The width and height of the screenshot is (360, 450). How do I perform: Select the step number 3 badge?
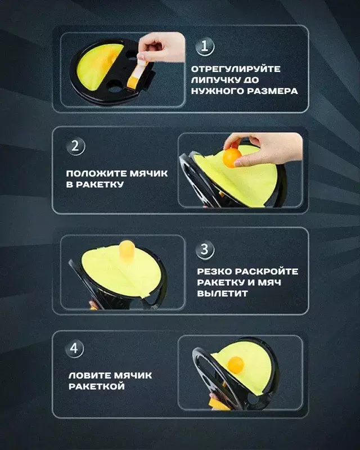click(x=205, y=249)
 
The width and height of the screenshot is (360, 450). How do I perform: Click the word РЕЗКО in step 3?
click(x=213, y=272)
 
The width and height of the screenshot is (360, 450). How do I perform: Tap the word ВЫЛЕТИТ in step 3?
click(x=217, y=294)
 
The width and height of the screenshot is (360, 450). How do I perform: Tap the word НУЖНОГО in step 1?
click(x=219, y=91)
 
